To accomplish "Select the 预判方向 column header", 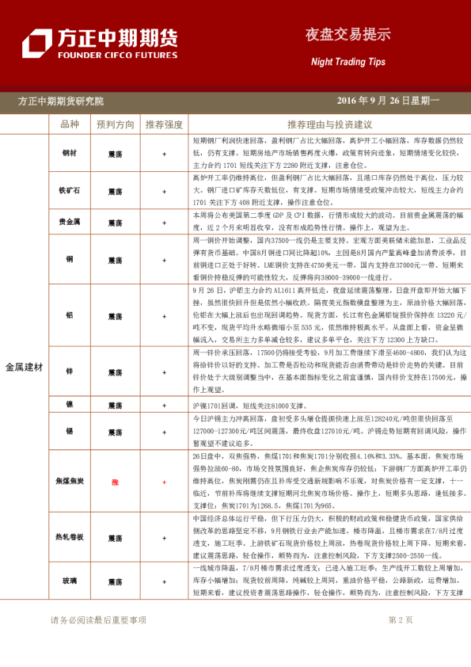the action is point(116,125).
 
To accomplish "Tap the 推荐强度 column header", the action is point(164,125).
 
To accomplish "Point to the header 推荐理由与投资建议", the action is point(329,125).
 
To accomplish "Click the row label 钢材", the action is point(70,152).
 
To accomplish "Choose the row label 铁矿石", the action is point(70,191).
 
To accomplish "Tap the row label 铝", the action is point(70,314).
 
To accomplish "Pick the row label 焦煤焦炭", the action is point(70,481).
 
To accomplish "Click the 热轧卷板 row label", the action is point(70,536).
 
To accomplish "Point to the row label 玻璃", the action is point(70,581).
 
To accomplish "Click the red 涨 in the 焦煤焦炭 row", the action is point(116,481).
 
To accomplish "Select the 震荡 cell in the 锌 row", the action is point(116,370).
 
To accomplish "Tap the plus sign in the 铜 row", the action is point(164,259).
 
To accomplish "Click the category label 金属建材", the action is point(24,368).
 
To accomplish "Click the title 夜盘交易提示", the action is point(348,35).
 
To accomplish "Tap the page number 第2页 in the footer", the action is point(401,620).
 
